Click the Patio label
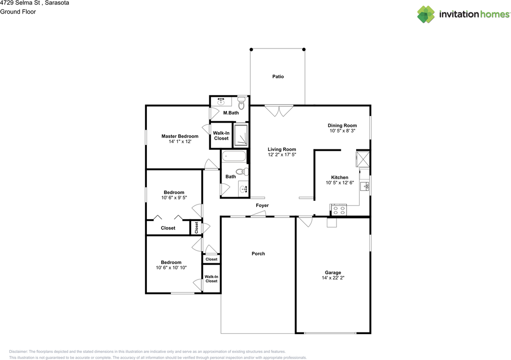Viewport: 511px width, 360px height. [x=278, y=77]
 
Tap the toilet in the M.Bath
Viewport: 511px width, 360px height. [x=242, y=103]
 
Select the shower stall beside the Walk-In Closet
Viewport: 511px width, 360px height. [x=241, y=135]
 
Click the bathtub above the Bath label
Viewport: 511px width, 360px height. [x=234, y=156]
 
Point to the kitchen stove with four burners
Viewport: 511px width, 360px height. [x=339, y=210]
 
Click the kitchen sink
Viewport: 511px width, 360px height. [x=364, y=186]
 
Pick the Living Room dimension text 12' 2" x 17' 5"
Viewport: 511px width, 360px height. [x=282, y=155]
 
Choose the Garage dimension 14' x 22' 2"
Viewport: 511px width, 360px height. [x=333, y=278]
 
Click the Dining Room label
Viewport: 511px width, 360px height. [x=342, y=125]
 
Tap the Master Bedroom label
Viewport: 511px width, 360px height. [x=180, y=136]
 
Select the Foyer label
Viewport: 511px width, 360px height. [x=262, y=205]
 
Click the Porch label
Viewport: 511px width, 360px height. [x=258, y=254]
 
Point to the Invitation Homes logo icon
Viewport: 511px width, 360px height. [x=426, y=14]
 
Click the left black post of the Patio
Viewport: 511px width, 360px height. [x=251, y=49]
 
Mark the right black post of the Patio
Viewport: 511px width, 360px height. [x=304, y=49]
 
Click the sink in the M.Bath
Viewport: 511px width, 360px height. [x=221, y=101]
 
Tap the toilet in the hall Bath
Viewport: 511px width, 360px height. [x=242, y=172]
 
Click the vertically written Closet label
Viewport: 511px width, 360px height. [x=196, y=227]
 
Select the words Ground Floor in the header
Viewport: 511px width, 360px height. [x=18, y=12]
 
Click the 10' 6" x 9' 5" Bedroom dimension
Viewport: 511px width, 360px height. [x=174, y=198]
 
